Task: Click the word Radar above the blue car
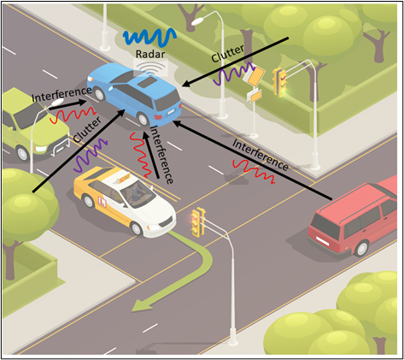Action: tap(150, 54)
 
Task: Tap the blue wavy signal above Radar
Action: tap(149, 37)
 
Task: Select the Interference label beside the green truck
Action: tap(61, 94)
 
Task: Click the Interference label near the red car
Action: tap(260, 155)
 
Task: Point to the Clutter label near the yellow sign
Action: tap(228, 54)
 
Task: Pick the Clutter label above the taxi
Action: tap(87, 130)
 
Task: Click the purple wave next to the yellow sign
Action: tap(233, 74)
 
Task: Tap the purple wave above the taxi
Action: tap(91, 155)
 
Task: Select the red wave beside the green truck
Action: tap(73, 115)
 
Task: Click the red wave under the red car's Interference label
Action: tap(254, 171)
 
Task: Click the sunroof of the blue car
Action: tap(147, 83)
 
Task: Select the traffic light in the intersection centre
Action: tap(198, 222)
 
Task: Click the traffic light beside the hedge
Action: tap(280, 82)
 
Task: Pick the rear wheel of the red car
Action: tap(361, 248)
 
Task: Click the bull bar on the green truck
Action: tap(60, 147)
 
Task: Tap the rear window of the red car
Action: tap(325, 227)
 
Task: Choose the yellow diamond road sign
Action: tap(255, 76)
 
